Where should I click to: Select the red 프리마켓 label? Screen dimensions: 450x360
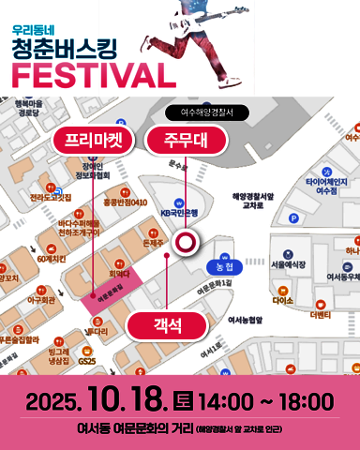pos(94,142)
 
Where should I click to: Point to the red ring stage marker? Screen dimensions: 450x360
pos(187,218)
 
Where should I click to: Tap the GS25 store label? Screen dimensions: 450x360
pos(87,360)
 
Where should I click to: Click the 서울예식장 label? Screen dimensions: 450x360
pos(288,265)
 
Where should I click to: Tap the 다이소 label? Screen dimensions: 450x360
pos(282,301)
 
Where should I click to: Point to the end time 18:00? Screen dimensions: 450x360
pos(306,402)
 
